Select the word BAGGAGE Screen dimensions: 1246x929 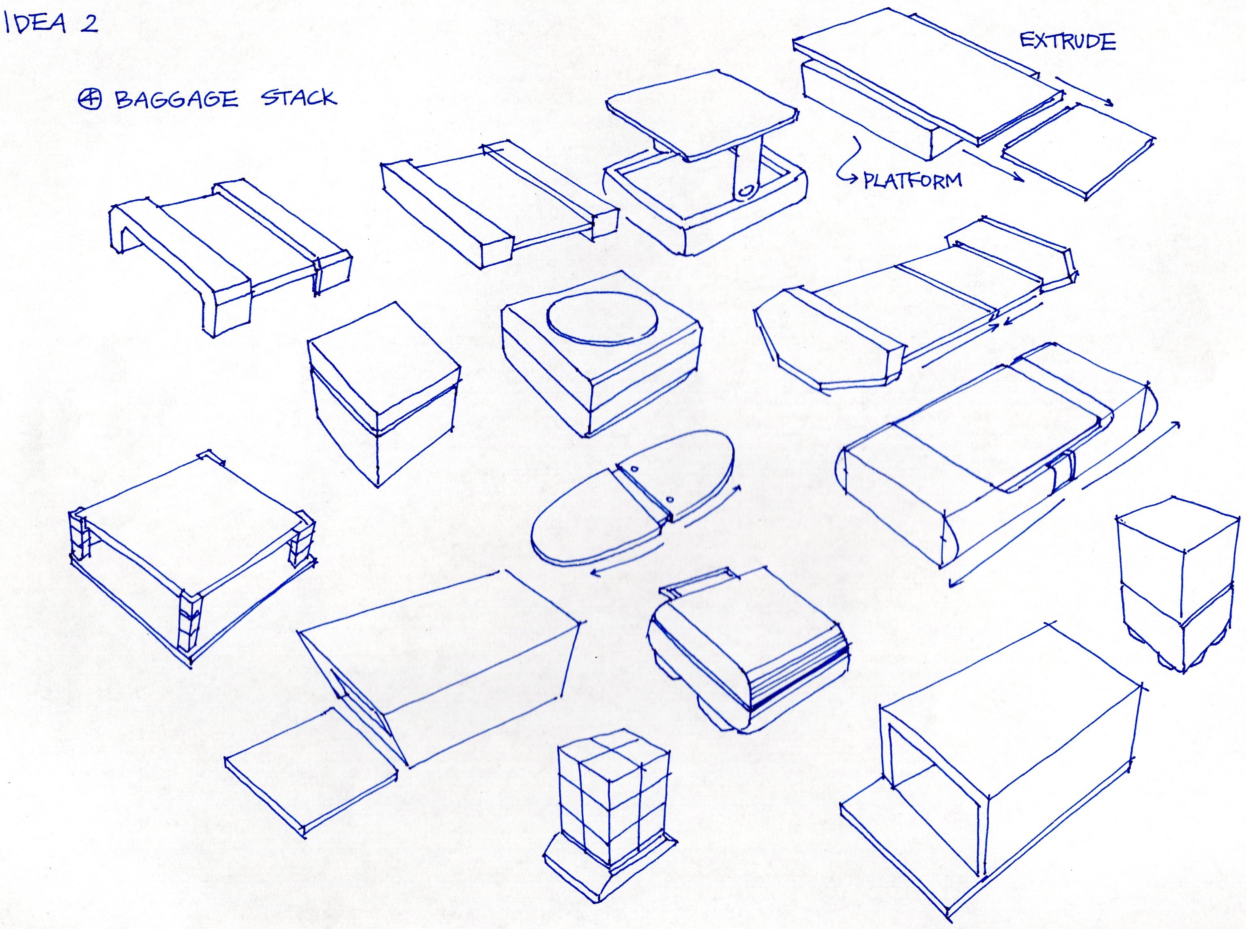176,99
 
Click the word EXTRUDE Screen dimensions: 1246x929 1067,42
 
